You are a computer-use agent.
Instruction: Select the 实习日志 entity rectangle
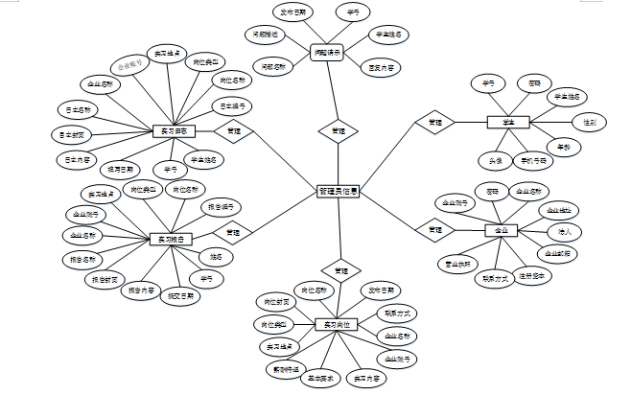175,130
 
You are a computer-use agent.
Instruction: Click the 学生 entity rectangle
508,123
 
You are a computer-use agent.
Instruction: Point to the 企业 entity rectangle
501,231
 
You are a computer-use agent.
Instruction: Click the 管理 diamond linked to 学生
435,123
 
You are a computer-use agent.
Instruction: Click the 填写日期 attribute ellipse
124,170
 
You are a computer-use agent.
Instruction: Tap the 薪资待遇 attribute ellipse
282,368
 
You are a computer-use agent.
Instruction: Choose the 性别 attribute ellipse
588,123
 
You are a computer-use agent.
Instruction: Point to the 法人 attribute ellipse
566,231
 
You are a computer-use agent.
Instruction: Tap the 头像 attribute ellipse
496,160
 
